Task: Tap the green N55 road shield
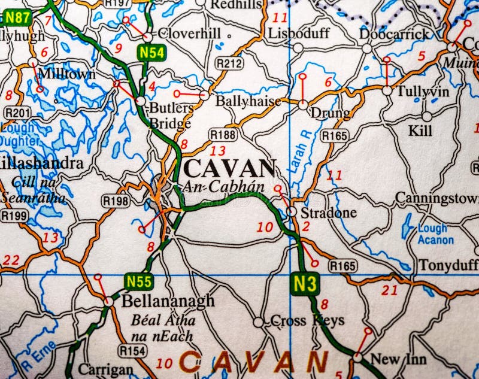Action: pyautogui.click(x=139, y=281)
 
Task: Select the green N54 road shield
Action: pyautogui.click(x=151, y=53)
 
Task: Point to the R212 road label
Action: pyautogui.click(x=229, y=63)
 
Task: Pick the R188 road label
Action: pyautogui.click(x=222, y=134)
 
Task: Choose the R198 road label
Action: pyautogui.click(x=116, y=201)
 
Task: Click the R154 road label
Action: pyautogui.click(x=132, y=350)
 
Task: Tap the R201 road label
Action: pyautogui.click(x=17, y=113)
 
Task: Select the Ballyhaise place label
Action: pyautogui.click(x=248, y=101)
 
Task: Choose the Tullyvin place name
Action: pyautogui.click(x=423, y=91)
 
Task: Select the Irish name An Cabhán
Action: pyautogui.click(x=223, y=186)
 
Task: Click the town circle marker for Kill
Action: pyautogui.click(x=427, y=116)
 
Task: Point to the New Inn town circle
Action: pyautogui.click(x=357, y=357)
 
